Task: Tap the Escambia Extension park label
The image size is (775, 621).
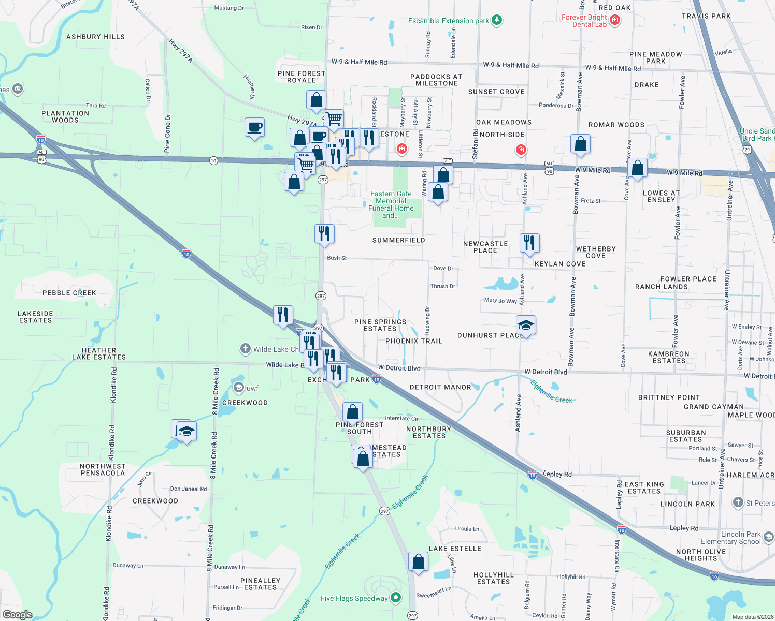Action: point(448,21)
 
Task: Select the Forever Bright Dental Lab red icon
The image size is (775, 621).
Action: point(615,20)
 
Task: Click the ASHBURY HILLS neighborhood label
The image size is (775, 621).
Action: point(95,37)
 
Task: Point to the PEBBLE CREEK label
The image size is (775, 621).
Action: point(69,293)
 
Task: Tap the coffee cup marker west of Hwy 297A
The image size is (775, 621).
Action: point(254,127)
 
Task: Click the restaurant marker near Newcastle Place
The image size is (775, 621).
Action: point(529,243)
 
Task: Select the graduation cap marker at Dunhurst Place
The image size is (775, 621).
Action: point(526,325)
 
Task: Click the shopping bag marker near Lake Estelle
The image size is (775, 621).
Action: point(418,561)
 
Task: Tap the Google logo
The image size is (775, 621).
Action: point(18,615)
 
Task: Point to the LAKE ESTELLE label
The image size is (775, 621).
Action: point(455,549)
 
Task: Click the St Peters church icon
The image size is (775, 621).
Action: point(738,502)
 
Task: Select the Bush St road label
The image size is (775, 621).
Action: point(337,258)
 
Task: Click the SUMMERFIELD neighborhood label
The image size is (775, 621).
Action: point(398,240)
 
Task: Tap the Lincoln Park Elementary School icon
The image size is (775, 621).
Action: point(769,537)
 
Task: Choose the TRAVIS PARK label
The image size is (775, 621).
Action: point(706,16)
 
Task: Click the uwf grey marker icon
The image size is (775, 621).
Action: point(238,388)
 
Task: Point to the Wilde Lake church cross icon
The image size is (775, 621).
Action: point(246,349)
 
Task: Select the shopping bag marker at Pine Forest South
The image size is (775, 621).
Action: point(352,412)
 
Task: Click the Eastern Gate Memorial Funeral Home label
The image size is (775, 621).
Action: point(391,204)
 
